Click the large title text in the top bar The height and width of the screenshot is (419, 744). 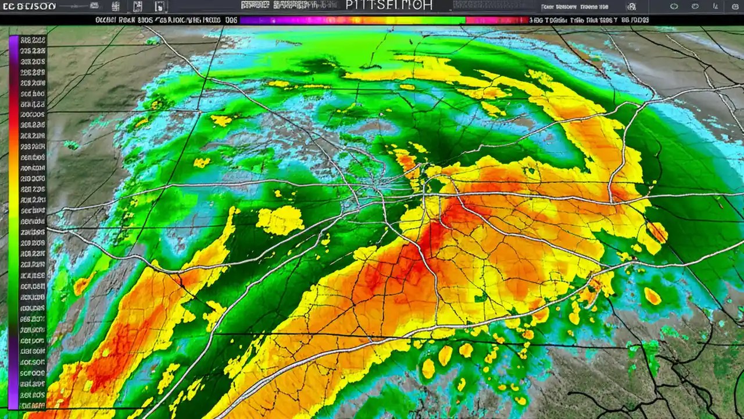389,6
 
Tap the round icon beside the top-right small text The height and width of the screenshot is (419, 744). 631,7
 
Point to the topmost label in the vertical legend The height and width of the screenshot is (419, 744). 33,41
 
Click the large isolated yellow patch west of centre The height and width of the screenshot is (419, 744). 280,221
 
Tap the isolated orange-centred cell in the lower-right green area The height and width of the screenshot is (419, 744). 652,296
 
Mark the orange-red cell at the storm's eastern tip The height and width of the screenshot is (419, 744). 657,232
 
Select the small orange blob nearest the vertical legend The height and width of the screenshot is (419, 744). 81,285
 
